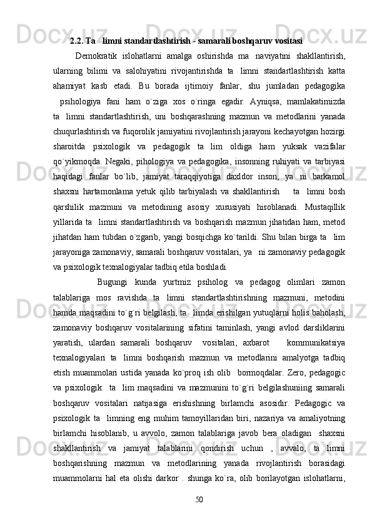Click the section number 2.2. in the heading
point(77,42)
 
